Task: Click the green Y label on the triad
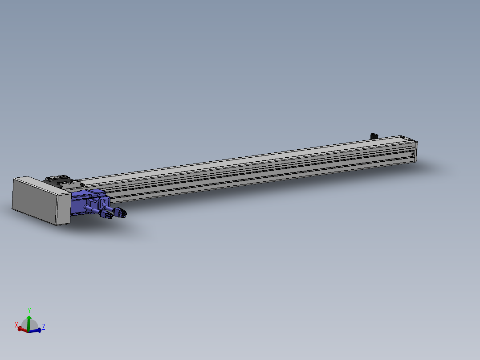(x=29, y=310)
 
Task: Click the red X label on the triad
(x=16, y=325)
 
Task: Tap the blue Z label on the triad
(x=44, y=327)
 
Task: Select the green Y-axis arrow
(x=29, y=323)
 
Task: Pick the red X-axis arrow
(x=23, y=329)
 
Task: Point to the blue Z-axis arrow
(x=35, y=331)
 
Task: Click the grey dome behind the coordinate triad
(x=30, y=325)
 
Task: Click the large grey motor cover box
(x=41, y=200)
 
